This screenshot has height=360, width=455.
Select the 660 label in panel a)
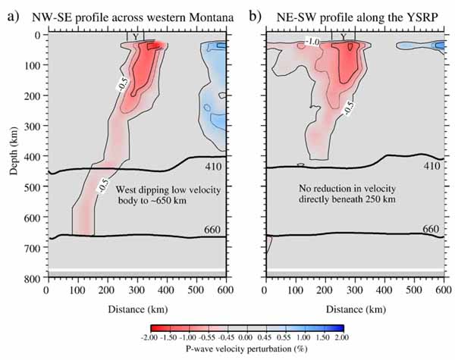[x=212, y=229]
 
